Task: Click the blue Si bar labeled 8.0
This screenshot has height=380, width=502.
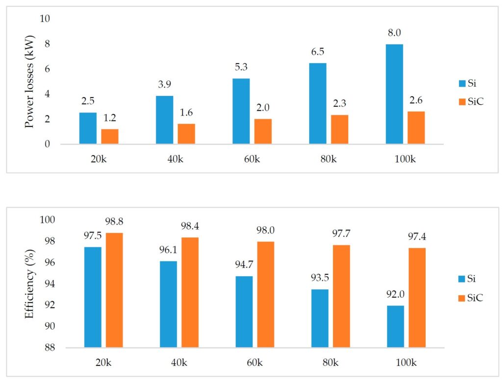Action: click(x=394, y=94)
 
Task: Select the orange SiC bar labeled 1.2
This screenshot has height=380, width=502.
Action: click(x=110, y=136)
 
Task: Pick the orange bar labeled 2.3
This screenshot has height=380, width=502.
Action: click(x=339, y=129)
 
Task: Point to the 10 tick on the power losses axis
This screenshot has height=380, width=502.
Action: click(x=46, y=19)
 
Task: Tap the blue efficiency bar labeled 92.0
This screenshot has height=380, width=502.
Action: click(x=395, y=327)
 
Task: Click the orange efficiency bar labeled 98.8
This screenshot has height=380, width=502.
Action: click(x=114, y=290)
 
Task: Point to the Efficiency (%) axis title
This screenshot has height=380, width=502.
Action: click(x=29, y=286)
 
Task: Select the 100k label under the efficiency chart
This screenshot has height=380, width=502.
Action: click(x=406, y=362)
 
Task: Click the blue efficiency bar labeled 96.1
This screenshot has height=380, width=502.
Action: click(x=169, y=304)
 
